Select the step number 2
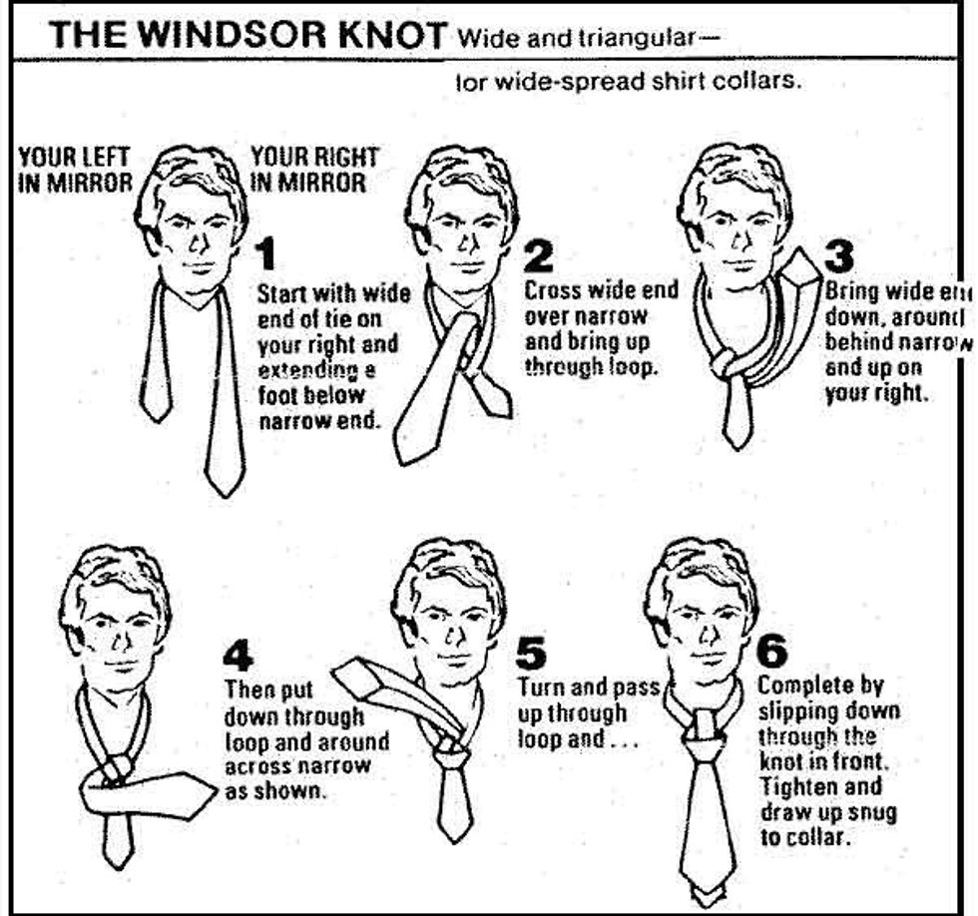[538, 257]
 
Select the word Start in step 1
[282, 294]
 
